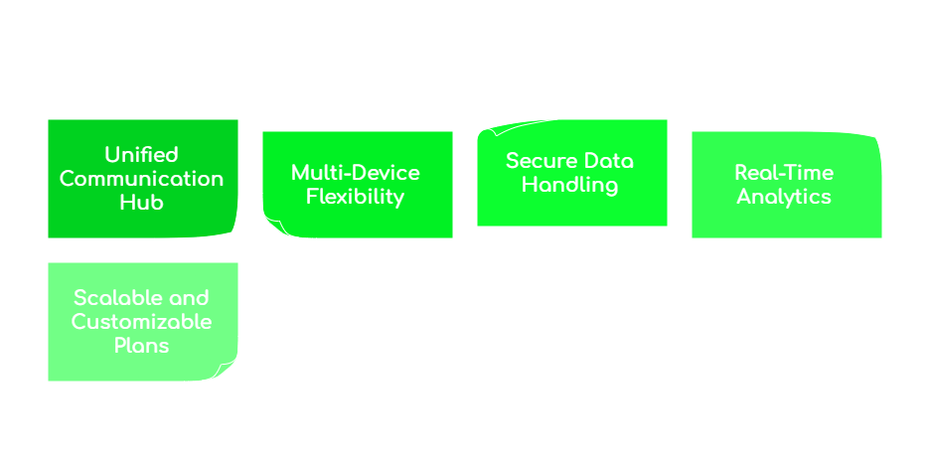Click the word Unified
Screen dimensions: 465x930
tap(142, 155)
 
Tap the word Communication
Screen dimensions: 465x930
tap(142, 179)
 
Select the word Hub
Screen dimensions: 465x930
tap(142, 203)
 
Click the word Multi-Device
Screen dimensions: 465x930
tap(356, 173)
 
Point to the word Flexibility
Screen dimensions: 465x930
tap(356, 197)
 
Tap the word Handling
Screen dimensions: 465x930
tap(570, 185)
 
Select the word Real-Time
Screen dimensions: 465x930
tap(784, 173)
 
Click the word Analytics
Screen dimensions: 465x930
tap(784, 197)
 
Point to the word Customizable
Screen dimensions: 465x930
tap(142, 322)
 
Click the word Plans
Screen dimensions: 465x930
tap(142, 346)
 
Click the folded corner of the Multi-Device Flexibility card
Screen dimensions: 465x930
tap(273, 227)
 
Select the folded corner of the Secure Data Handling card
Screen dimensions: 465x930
tap(488, 130)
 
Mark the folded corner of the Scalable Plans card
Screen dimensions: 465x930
tap(228, 371)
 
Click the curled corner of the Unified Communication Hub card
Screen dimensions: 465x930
tap(231, 230)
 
